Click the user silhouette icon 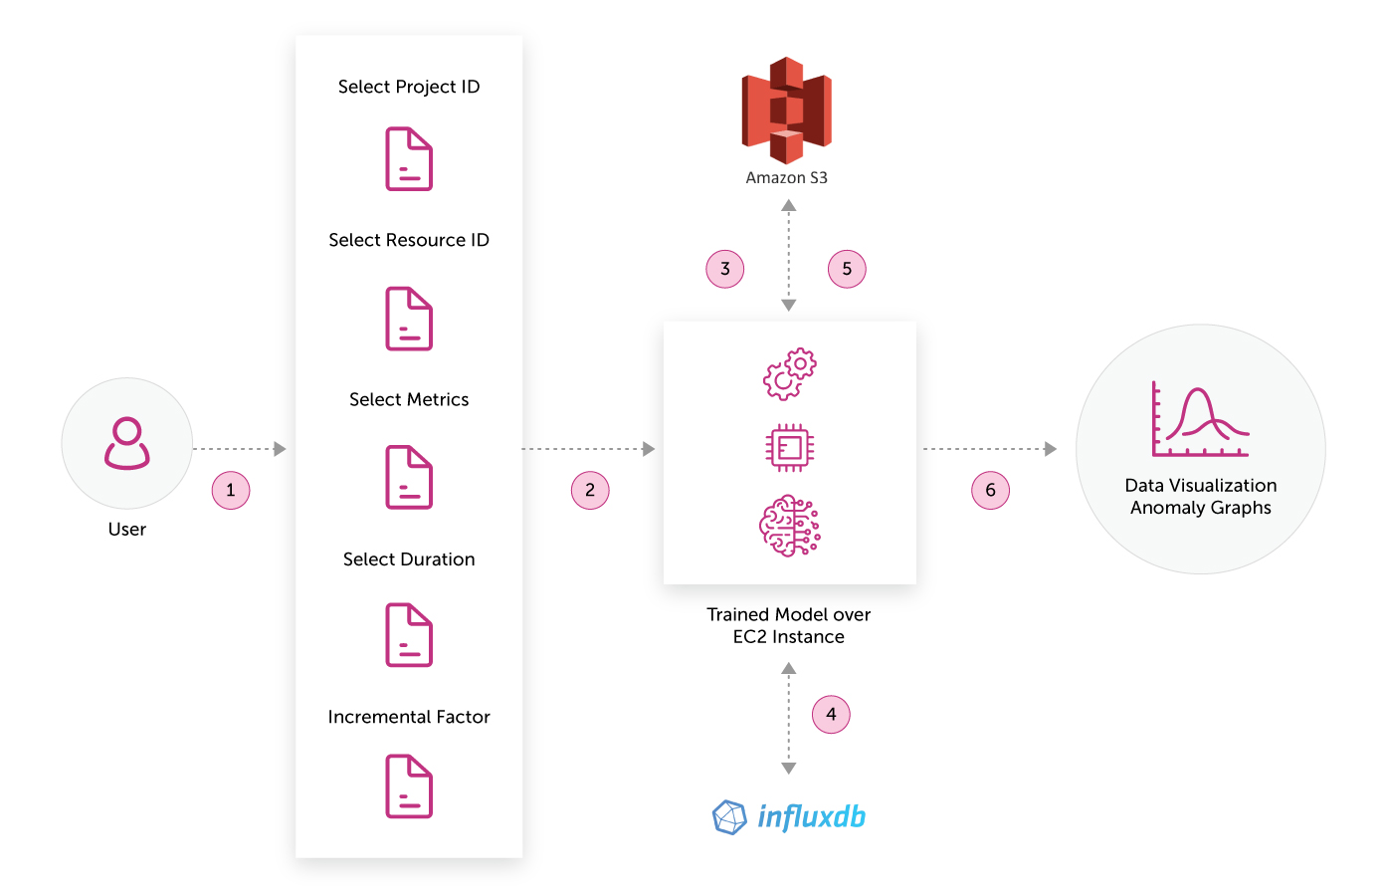[x=127, y=443]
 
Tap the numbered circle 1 [x=231, y=491]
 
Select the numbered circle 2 [x=589, y=491]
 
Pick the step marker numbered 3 [x=724, y=269]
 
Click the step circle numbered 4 [x=831, y=714]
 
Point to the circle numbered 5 [x=847, y=269]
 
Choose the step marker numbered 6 [x=990, y=491]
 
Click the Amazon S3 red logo [x=786, y=111]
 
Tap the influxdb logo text [x=811, y=817]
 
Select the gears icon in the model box [x=789, y=374]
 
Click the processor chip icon [x=789, y=447]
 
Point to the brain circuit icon [x=789, y=526]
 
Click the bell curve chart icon [x=1200, y=419]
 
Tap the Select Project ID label [x=409, y=87]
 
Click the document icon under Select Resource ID [x=409, y=319]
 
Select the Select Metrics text [x=409, y=399]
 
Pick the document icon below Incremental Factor [x=409, y=786]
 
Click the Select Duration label [x=409, y=559]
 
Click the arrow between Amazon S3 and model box [x=788, y=255]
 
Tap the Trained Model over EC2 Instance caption [x=788, y=625]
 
